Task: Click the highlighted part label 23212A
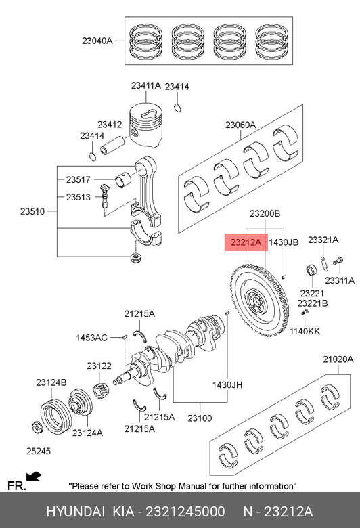[246, 242]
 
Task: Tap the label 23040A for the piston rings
[97, 41]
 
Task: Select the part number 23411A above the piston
[146, 85]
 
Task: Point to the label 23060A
[240, 125]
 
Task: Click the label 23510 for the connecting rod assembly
[32, 211]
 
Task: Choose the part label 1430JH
[227, 385]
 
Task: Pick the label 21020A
[338, 359]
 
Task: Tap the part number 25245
[39, 451]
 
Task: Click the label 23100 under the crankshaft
[200, 418]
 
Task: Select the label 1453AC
[91, 338]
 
